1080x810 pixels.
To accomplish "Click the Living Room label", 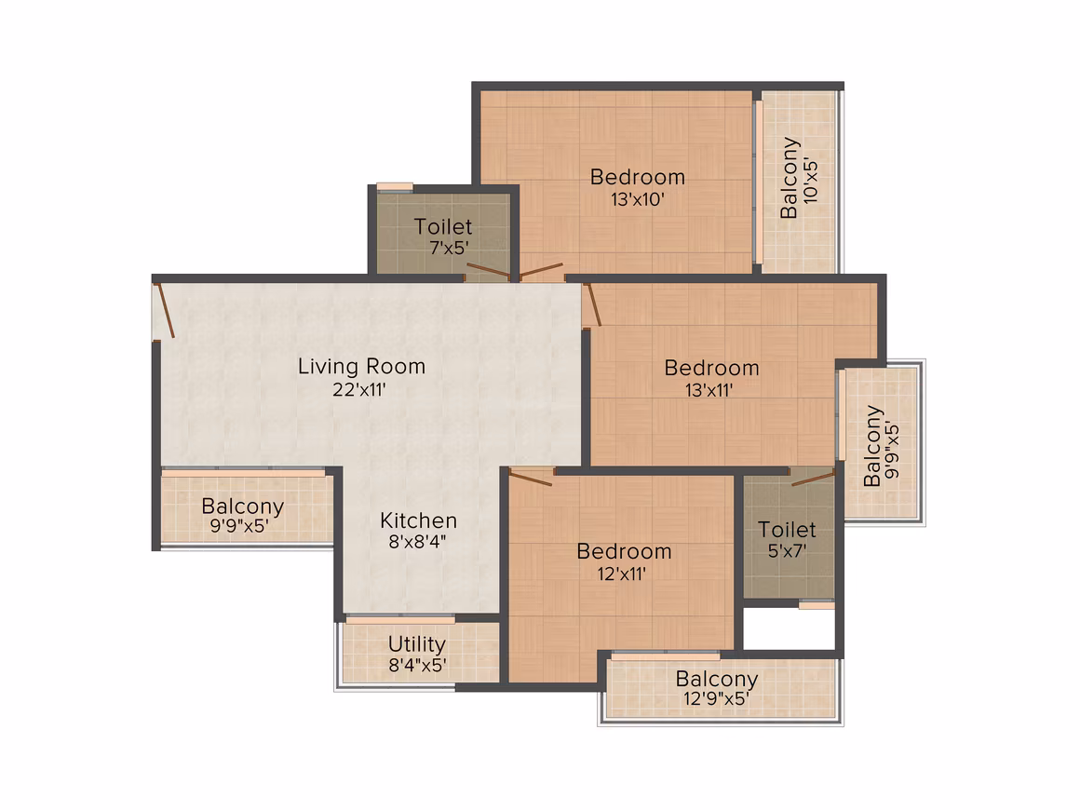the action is pos(361,367).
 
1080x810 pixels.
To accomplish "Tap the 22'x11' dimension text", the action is pos(358,390).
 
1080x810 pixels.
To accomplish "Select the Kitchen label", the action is pos(418,520).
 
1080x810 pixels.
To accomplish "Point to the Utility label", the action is pos(417,644).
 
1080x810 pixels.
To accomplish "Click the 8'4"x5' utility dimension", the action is pos(417,666).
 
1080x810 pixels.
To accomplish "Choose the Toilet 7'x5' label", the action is pos(443,236).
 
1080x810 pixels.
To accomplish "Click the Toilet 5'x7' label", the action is pos(787,539).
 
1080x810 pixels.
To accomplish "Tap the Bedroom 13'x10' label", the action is pos(638,187).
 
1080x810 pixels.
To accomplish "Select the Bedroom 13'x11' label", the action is pos(711,378).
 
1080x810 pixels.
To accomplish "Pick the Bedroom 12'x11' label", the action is pos(624,562).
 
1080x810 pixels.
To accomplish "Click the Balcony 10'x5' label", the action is pos(799,178).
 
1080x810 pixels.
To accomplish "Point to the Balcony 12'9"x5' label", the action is pos(716,688).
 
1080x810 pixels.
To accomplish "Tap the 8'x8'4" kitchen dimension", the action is pos(418,541).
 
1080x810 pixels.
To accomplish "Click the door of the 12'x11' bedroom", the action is pos(531,478).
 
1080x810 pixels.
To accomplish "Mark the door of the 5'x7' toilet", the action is pos(813,478).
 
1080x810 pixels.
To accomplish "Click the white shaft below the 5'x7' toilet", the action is pos(790,628).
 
